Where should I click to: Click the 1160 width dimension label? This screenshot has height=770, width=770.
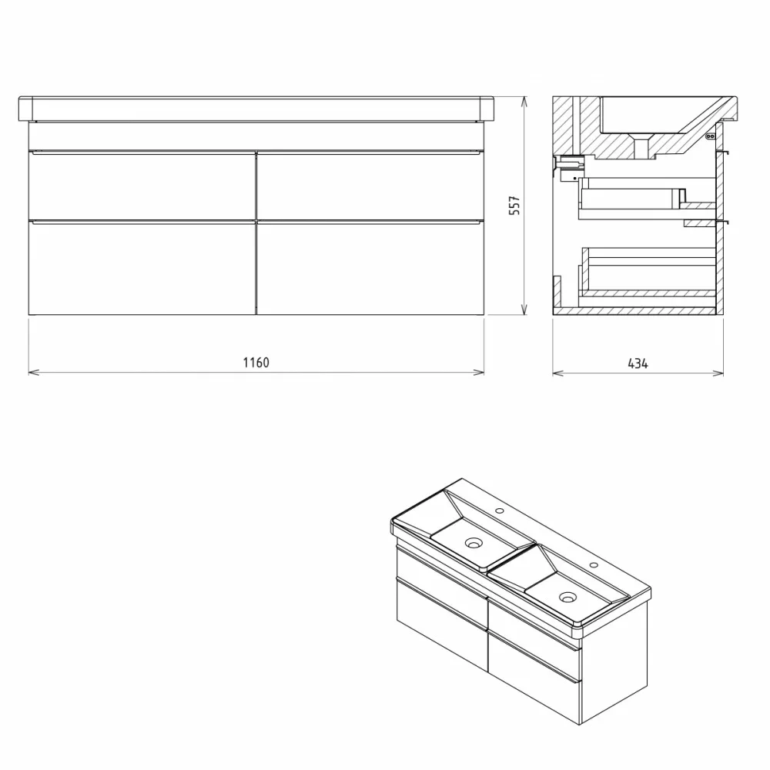pos(256,363)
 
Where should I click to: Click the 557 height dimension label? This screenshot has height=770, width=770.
pos(514,206)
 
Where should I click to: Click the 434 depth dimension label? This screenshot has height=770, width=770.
pos(638,363)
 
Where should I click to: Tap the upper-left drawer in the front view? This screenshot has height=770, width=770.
pos(142,186)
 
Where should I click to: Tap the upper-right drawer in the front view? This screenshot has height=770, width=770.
pos(371,186)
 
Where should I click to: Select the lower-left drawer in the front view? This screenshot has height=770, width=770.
pos(142,268)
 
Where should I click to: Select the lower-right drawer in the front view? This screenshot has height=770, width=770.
pos(371,268)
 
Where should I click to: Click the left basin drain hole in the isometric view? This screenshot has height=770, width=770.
pos(474,543)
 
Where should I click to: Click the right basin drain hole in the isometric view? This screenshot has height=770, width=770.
pos(568,598)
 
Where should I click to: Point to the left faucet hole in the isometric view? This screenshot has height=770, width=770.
pos(500,511)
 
